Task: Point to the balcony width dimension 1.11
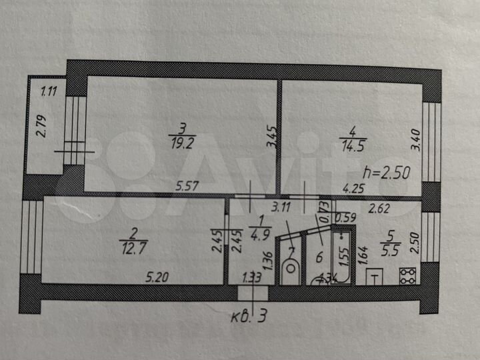(49, 91)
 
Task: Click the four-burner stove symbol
(407, 275)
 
